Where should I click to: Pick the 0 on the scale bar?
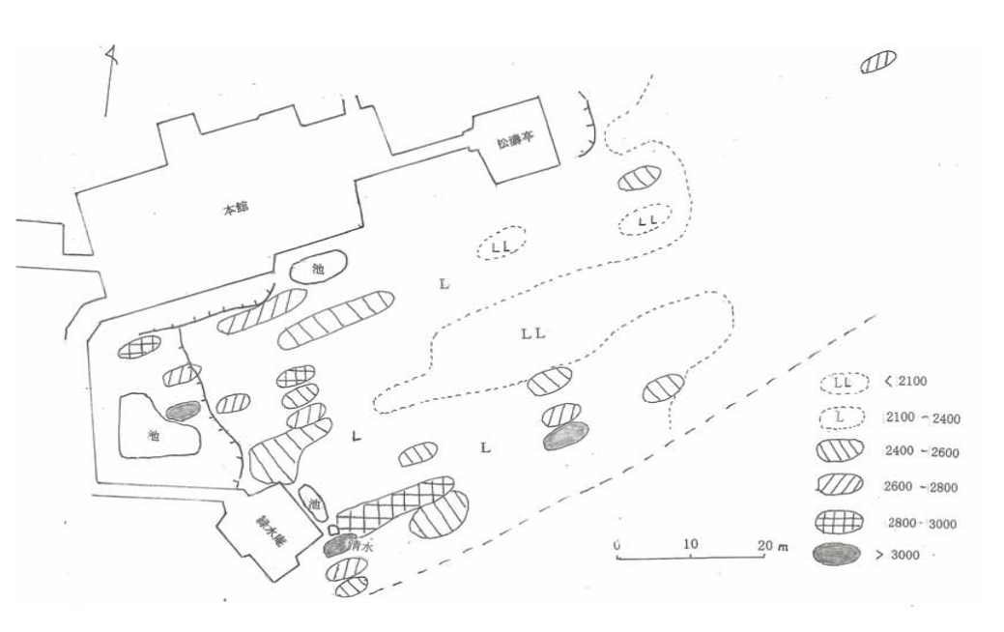click(616, 544)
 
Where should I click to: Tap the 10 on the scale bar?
click(689, 544)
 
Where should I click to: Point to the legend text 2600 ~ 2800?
click(922, 486)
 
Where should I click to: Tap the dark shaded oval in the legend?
click(838, 555)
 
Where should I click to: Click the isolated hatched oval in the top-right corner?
click(878, 61)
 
